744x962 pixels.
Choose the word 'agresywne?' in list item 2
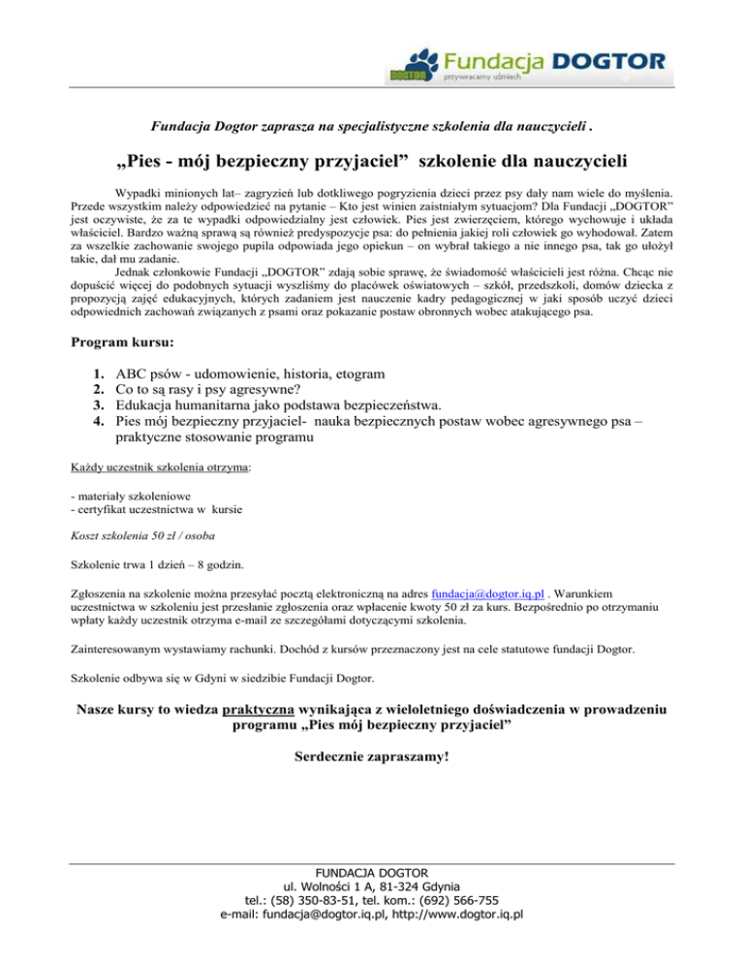286,389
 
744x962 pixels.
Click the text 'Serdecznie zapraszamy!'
371,752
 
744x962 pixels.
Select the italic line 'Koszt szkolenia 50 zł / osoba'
143,535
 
